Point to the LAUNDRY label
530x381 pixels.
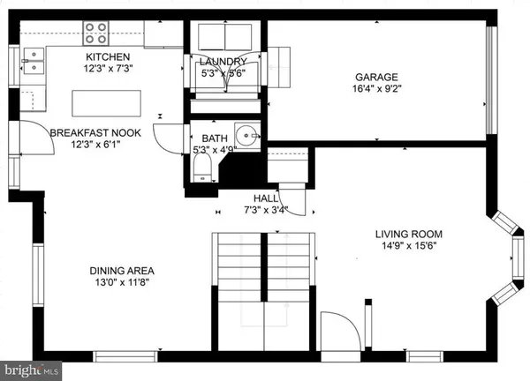pos(216,61)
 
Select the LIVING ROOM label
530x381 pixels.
pos(408,235)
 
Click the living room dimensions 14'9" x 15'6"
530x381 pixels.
pos(408,247)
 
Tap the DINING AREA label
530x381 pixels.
pos(122,270)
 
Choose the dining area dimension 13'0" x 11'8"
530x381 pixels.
pos(122,282)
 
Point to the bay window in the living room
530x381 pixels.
pos(510,256)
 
